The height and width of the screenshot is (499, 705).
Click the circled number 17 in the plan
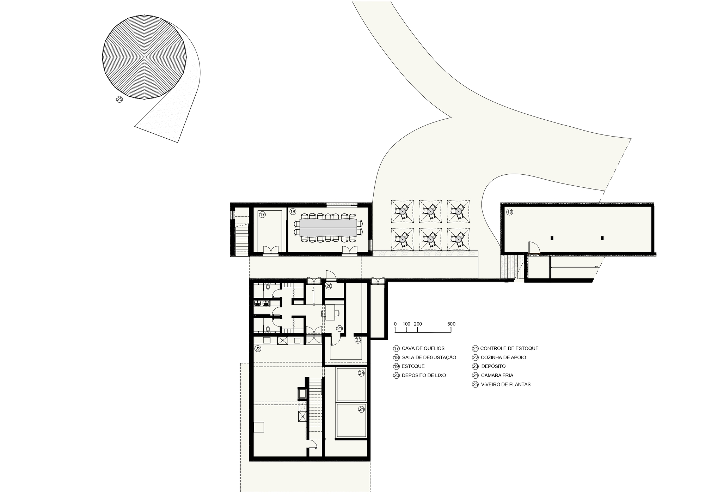coord(262,215)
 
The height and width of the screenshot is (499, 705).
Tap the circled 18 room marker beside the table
coord(293,212)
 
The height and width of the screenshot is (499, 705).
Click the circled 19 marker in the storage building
coord(509,212)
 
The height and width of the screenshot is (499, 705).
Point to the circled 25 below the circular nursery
coord(119,100)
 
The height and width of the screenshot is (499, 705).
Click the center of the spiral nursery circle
coord(144,56)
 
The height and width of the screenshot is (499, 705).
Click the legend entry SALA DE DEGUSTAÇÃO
coord(429,357)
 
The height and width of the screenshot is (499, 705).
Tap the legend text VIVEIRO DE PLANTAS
coord(505,385)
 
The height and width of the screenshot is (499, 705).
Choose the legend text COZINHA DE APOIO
coord(503,357)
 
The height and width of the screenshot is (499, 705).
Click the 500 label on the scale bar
coord(451,324)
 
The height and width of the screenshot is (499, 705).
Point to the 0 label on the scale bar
coord(395,324)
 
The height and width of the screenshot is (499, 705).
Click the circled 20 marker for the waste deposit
coord(329,286)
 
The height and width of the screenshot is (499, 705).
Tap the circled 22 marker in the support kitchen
coord(258,349)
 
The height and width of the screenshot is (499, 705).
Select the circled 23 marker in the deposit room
coord(358,341)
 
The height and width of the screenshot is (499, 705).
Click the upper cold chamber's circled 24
coord(361,373)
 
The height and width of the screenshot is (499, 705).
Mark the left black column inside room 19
coord(552,238)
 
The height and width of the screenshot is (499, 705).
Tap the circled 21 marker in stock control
coord(339,329)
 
